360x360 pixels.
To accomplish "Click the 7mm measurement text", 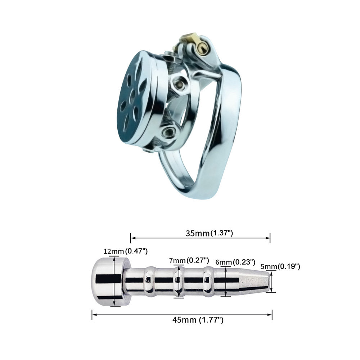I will (x=178, y=260).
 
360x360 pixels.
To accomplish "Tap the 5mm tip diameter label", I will (x=268, y=267).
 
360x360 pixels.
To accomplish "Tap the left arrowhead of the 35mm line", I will (x=132, y=238).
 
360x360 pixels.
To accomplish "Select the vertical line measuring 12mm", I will (x=114, y=281).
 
